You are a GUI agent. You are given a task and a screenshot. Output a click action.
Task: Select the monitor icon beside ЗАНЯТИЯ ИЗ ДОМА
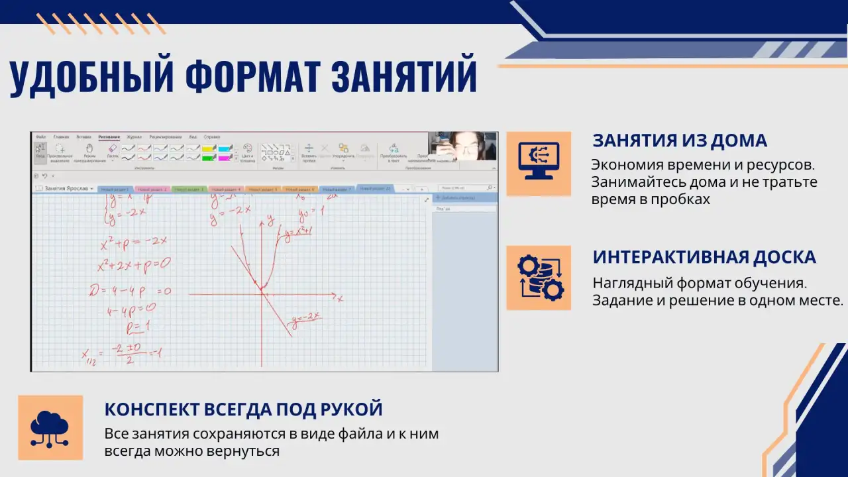point(538,163)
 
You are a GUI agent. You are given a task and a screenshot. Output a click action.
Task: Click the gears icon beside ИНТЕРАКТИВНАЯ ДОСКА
point(538,278)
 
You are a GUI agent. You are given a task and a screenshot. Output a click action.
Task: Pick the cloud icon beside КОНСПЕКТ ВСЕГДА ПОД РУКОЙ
point(50,427)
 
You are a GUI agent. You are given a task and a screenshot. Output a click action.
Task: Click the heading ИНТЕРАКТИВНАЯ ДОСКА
point(704,257)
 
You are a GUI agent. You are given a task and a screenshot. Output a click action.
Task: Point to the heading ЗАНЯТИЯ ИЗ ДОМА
point(680,140)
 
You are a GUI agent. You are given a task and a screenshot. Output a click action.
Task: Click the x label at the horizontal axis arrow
point(340,299)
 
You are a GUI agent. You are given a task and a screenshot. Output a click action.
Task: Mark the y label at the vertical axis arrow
point(270,217)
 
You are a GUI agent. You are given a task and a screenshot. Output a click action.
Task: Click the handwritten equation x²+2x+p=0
point(133,264)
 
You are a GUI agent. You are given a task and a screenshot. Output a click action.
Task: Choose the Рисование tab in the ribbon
point(109,136)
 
